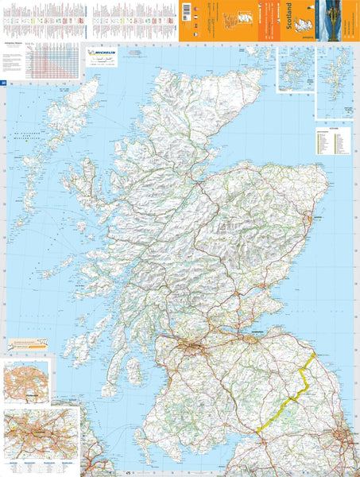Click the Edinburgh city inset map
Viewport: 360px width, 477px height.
coord(25,382)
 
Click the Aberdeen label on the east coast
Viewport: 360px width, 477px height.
coord(322,215)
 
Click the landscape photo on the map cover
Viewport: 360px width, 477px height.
coord(337,19)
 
